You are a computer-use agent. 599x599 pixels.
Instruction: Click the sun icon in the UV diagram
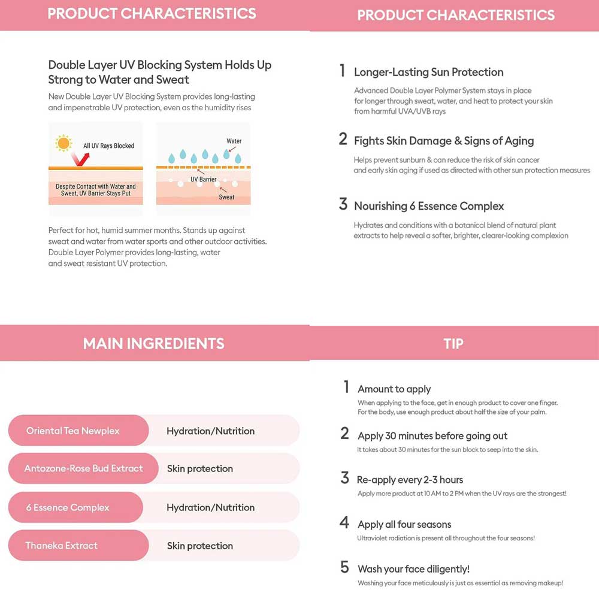(63, 143)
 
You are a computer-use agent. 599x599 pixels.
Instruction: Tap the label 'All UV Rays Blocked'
(108, 146)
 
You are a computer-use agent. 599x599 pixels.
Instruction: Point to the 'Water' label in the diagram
(234, 141)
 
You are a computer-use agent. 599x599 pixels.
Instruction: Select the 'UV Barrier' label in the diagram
(204, 179)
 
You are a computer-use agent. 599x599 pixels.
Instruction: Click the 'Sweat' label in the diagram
(226, 197)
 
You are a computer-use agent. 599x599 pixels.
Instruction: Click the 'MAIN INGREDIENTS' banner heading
(154, 343)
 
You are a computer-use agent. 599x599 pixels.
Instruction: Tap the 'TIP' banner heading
(453, 343)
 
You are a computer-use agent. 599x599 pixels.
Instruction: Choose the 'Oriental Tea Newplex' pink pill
(78, 431)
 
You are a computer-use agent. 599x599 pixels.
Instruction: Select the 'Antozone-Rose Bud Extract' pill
(83, 468)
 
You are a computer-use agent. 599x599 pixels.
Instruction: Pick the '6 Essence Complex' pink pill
(75, 507)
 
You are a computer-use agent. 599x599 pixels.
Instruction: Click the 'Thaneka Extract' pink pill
(78, 546)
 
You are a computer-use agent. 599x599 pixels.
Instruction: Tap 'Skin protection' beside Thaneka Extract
(200, 546)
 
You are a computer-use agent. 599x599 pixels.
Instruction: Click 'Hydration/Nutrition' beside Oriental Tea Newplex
(210, 431)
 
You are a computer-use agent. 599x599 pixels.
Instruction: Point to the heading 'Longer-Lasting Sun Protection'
(428, 72)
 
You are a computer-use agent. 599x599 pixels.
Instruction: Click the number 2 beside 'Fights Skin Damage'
(343, 140)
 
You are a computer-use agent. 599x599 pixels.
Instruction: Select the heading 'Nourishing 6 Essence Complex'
(429, 206)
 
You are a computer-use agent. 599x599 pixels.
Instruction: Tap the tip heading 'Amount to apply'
(394, 389)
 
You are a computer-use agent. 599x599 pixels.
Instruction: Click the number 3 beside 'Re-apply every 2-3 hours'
(344, 478)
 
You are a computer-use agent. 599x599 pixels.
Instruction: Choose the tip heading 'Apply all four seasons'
(404, 524)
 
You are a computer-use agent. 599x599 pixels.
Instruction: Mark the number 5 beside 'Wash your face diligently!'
(344, 567)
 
